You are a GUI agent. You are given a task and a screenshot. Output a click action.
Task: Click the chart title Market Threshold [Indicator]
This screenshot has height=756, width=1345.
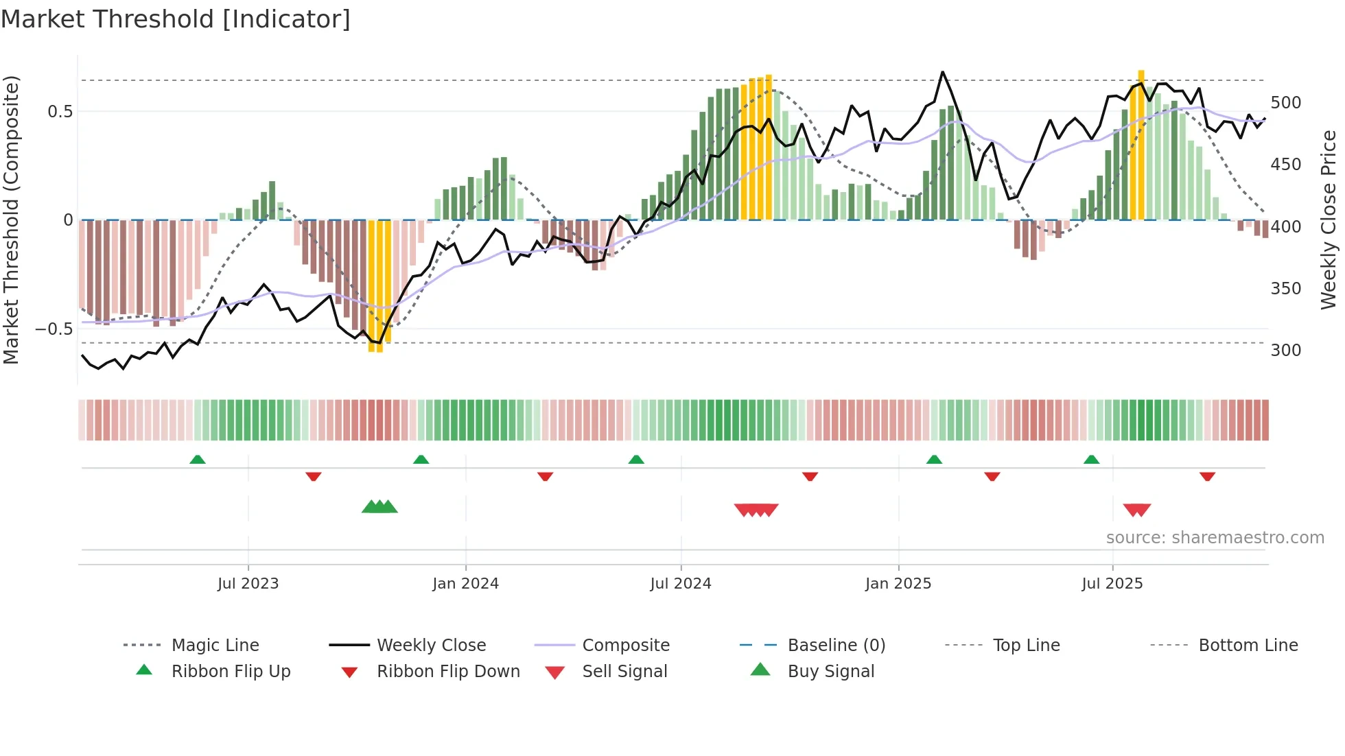pyautogui.click(x=176, y=19)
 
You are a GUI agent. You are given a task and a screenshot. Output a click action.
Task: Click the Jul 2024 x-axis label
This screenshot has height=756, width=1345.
pyautogui.click(x=680, y=583)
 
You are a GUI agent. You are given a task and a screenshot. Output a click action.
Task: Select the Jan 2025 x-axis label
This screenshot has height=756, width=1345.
pyautogui.click(x=898, y=583)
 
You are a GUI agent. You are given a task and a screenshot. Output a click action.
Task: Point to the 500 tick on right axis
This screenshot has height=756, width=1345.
pyautogui.click(x=1285, y=103)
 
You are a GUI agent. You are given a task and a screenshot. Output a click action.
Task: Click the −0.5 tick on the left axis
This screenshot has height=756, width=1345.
pyautogui.click(x=54, y=329)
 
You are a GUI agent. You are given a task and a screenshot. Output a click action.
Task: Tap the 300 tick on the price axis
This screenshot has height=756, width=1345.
pyautogui.click(x=1285, y=350)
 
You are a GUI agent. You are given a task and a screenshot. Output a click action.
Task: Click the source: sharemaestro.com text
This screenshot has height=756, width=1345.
pyautogui.click(x=1215, y=538)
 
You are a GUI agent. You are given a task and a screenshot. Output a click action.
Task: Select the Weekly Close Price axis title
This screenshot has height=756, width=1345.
pyautogui.click(x=1329, y=220)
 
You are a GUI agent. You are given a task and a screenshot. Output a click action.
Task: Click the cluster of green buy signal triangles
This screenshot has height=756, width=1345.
pyautogui.click(x=379, y=507)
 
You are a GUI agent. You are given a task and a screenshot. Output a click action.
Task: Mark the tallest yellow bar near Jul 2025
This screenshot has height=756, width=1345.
pyautogui.click(x=1141, y=144)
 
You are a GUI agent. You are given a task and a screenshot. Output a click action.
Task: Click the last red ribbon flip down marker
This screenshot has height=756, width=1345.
pyautogui.click(x=1207, y=476)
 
